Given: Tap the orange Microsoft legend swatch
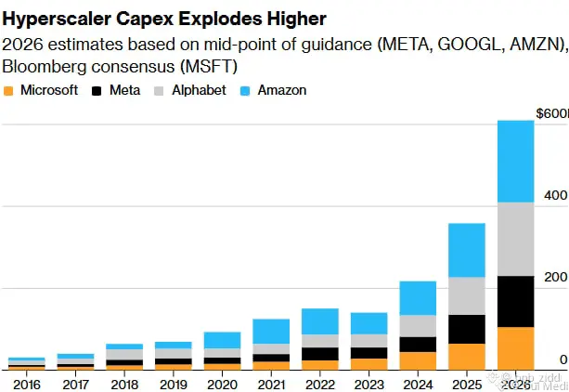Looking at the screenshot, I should click(x=9, y=91).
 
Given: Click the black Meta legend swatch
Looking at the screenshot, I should click(x=99, y=91).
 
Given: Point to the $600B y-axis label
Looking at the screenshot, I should click(x=551, y=113).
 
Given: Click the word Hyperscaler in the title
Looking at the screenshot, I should click(x=58, y=18).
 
